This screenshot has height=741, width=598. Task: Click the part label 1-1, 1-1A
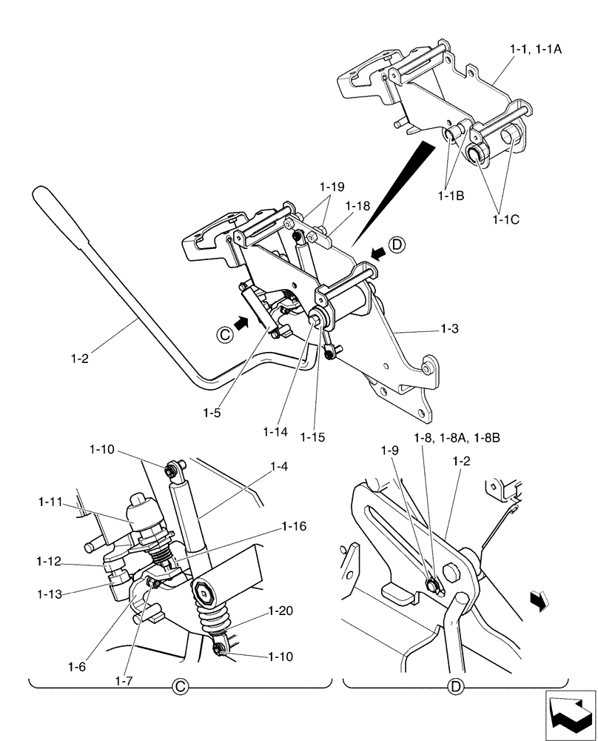click(537, 49)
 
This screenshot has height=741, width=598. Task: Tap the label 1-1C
click(506, 219)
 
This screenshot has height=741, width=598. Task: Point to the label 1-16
click(295, 526)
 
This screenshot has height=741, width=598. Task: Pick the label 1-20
click(282, 612)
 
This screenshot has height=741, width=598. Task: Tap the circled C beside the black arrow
click(224, 333)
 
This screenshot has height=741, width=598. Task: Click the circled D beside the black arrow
click(396, 245)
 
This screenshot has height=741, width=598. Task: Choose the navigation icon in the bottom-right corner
click(570, 714)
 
